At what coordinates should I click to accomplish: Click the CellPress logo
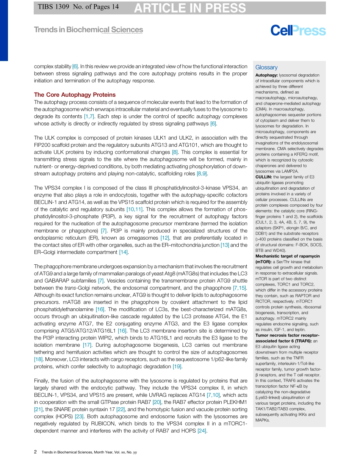298,31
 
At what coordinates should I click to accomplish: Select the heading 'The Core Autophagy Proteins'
75,95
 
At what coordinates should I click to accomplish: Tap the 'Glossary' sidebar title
266,68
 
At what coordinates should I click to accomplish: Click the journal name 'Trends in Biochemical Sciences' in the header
88,30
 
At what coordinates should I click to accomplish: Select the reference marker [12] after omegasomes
165,238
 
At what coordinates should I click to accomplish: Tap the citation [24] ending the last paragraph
202,431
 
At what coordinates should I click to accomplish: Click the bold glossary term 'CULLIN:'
263,177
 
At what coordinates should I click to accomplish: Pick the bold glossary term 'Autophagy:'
266,75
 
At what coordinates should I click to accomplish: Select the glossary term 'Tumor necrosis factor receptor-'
287,336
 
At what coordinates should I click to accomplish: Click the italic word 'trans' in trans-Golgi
70,288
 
